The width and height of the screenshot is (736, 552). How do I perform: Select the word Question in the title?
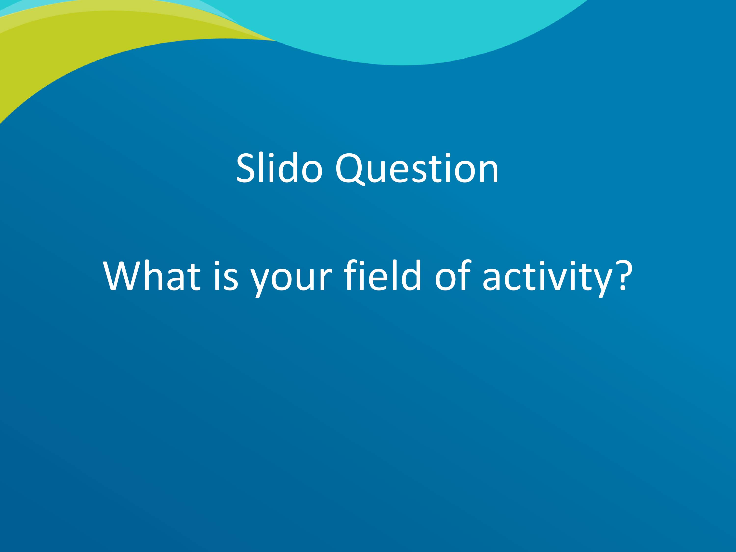pyautogui.click(x=417, y=168)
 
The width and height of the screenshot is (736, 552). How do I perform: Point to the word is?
pyautogui.click(x=226, y=276)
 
